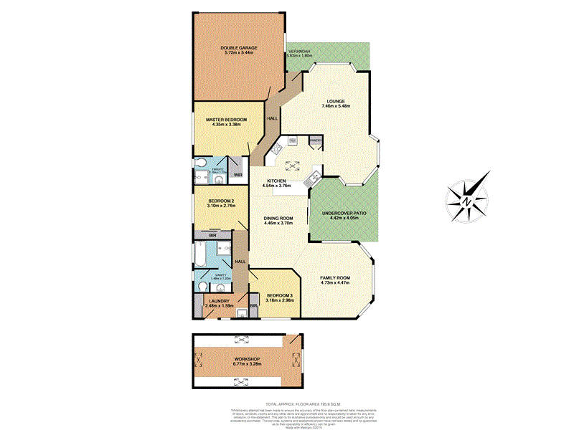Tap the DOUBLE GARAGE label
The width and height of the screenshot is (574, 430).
(239, 47)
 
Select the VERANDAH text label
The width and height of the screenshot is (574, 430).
(299, 52)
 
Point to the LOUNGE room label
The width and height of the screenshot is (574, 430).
(336, 101)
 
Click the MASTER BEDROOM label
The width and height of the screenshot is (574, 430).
(226, 120)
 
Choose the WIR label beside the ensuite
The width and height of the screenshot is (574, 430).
(237, 175)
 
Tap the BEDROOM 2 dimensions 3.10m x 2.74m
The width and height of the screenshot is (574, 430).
(222, 206)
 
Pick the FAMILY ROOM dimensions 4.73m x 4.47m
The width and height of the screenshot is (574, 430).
(334, 282)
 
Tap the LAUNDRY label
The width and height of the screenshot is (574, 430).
(219, 302)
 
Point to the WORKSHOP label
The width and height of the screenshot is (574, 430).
(246, 358)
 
